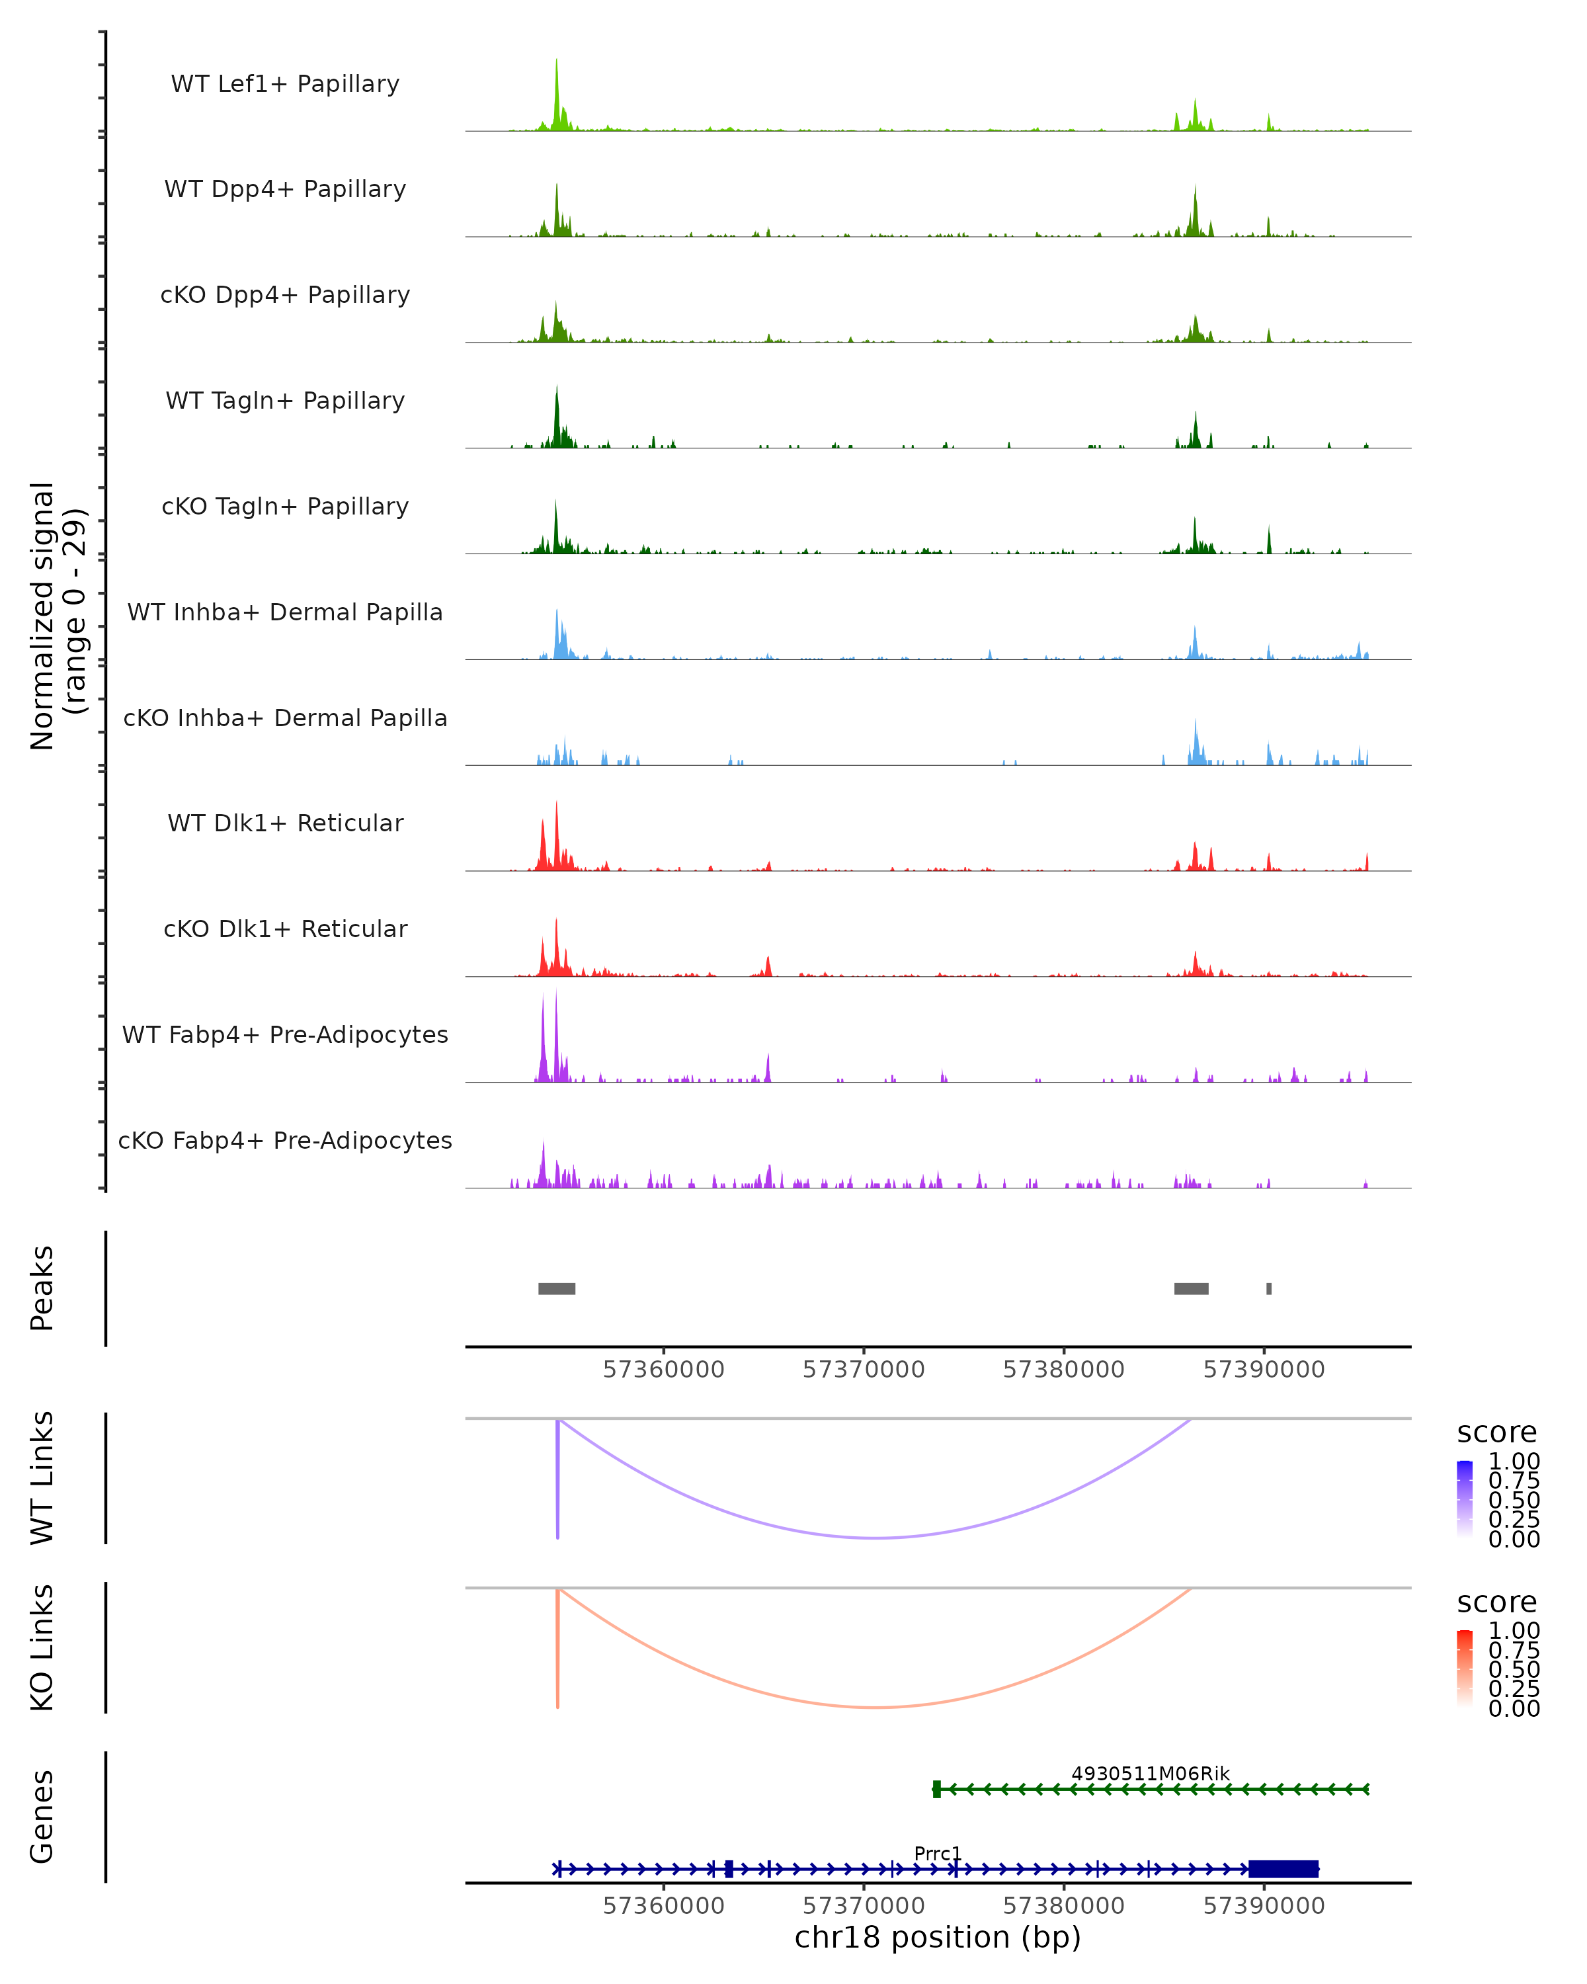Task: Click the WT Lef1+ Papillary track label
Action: (285, 84)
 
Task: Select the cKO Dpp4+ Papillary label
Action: (285, 296)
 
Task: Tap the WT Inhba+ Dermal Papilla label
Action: (285, 613)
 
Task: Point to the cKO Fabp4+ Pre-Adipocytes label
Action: (285, 1141)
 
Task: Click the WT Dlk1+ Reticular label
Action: (285, 823)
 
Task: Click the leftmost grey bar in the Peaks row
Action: (557, 1288)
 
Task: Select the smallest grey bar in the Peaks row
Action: (1269, 1288)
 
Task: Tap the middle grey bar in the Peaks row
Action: (1192, 1288)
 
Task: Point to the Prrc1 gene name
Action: (938, 1853)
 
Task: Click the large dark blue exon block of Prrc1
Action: (1283, 1869)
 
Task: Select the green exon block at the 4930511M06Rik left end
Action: (936, 1789)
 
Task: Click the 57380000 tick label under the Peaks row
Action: (1063, 1370)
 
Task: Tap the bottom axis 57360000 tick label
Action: (663, 1906)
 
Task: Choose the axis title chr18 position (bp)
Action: (938, 1938)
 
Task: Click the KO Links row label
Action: (42, 1647)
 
